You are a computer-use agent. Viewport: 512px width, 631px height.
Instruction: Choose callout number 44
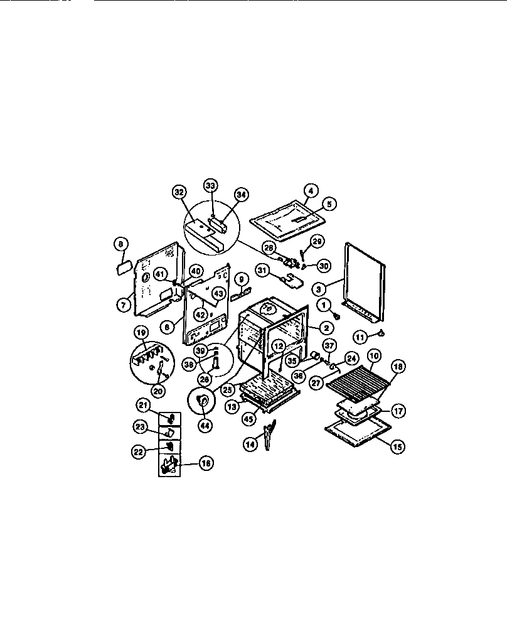[x=205, y=424]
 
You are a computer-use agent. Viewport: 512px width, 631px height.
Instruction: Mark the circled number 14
[x=251, y=443]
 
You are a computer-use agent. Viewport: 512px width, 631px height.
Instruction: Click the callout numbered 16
[x=205, y=463]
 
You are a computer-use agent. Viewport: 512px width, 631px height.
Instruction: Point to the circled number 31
[x=262, y=270]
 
